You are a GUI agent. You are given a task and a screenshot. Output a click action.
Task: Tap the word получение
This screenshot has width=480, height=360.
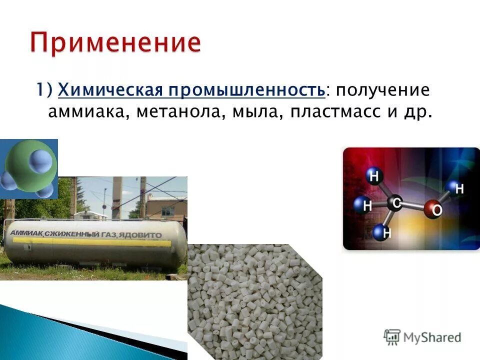pyautogui.click(x=383, y=90)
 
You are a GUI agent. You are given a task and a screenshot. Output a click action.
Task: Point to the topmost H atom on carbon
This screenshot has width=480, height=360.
pyautogui.click(x=374, y=176)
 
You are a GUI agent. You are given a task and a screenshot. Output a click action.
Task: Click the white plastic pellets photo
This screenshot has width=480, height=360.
pyautogui.click(x=255, y=300)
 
